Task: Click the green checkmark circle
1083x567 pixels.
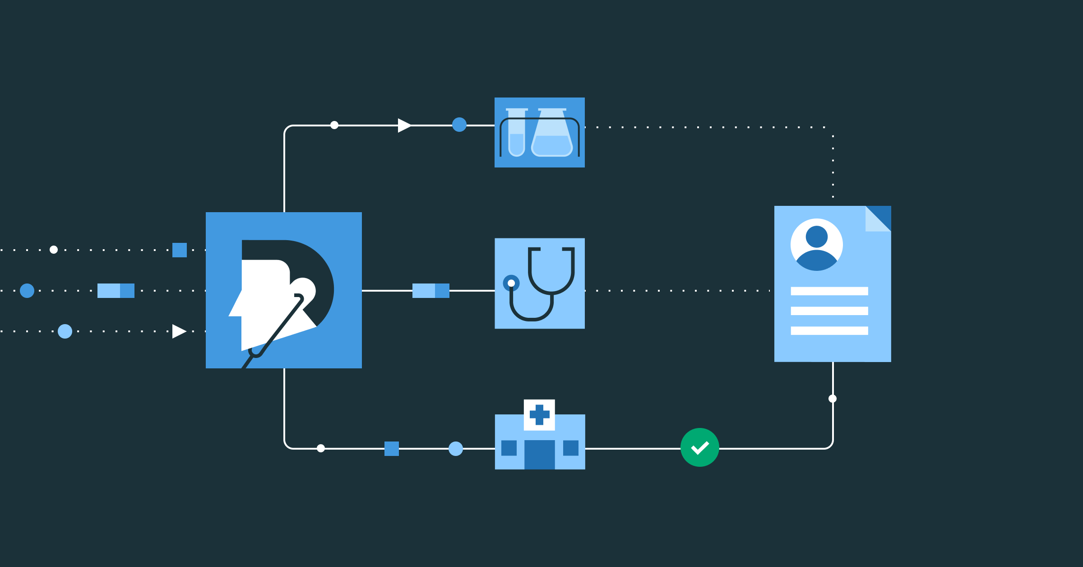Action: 699,447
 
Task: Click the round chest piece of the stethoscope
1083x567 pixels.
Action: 511,283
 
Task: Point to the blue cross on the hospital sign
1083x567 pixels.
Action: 539,414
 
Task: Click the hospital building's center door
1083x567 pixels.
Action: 539,454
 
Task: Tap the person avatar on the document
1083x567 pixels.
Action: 816,245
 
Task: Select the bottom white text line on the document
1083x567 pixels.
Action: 829,330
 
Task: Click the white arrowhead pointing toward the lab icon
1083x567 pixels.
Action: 404,125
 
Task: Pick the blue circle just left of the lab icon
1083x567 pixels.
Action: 459,125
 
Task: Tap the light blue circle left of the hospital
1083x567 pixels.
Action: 456,449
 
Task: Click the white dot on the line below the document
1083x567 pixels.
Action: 833,399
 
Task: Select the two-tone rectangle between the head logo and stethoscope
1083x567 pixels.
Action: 430,291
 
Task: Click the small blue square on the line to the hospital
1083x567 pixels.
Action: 392,449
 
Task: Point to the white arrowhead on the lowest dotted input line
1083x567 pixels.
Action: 179,331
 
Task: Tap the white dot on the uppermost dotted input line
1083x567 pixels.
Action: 54,250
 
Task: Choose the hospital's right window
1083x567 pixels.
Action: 570,448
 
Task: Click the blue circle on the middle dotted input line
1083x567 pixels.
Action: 27,291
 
